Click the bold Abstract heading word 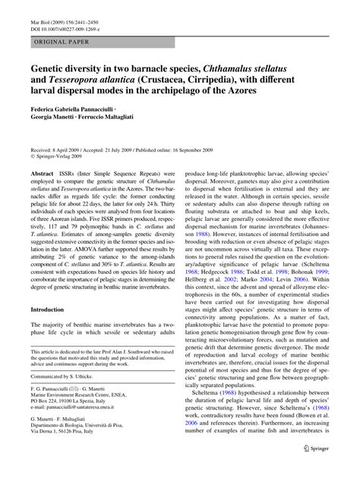pyautogui.click(x=42, y=173)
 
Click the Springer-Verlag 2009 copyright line pyautogui.click(x=64, y=158)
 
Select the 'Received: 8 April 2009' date pyautogui.click(x=61, y=151)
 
